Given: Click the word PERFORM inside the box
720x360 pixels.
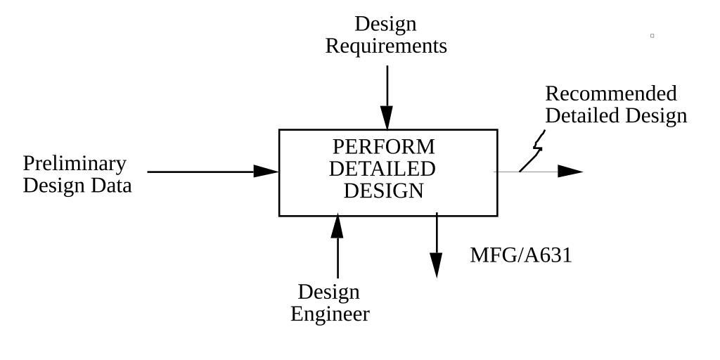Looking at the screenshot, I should [383, 147].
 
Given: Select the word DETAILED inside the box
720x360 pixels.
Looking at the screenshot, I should [382, 169].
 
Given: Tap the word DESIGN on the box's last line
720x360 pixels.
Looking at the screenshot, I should [383, 191].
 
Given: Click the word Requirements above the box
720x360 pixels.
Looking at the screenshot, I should [386, 46].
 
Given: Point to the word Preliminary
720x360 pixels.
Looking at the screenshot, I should [75, 163].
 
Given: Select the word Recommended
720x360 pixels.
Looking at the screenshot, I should [610, 94].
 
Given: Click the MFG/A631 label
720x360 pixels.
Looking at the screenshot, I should [520, 255].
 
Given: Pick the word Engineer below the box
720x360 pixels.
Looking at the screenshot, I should [330, 314].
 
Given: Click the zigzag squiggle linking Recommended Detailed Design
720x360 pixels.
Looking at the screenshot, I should [536, 150].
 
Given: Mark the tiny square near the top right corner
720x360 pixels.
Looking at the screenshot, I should [652, 35].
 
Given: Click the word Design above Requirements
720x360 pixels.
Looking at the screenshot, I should [385, 24].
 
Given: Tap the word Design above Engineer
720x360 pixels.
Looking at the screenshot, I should [328, 292].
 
